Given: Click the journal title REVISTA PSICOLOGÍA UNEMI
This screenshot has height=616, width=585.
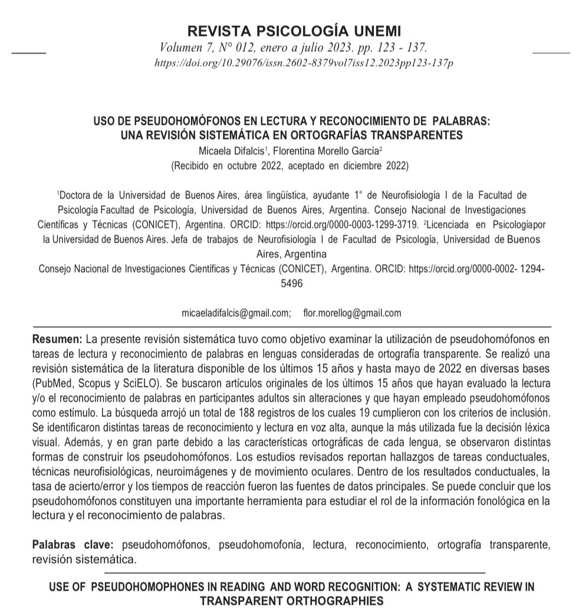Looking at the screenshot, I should [x=293, y=31].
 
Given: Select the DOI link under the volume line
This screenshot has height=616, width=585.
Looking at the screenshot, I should [x=303, y=63].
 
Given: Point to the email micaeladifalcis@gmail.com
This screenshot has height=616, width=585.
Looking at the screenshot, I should [x=235, y=313].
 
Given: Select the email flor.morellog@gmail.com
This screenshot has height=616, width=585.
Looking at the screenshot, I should [x=352, y=313].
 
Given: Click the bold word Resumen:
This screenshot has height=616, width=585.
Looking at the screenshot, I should [x=58, y=340].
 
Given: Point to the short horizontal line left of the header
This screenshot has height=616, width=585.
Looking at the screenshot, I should [x=29, y=53].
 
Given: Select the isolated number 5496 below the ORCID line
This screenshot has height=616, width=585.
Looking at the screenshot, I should [x=292, y=283].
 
